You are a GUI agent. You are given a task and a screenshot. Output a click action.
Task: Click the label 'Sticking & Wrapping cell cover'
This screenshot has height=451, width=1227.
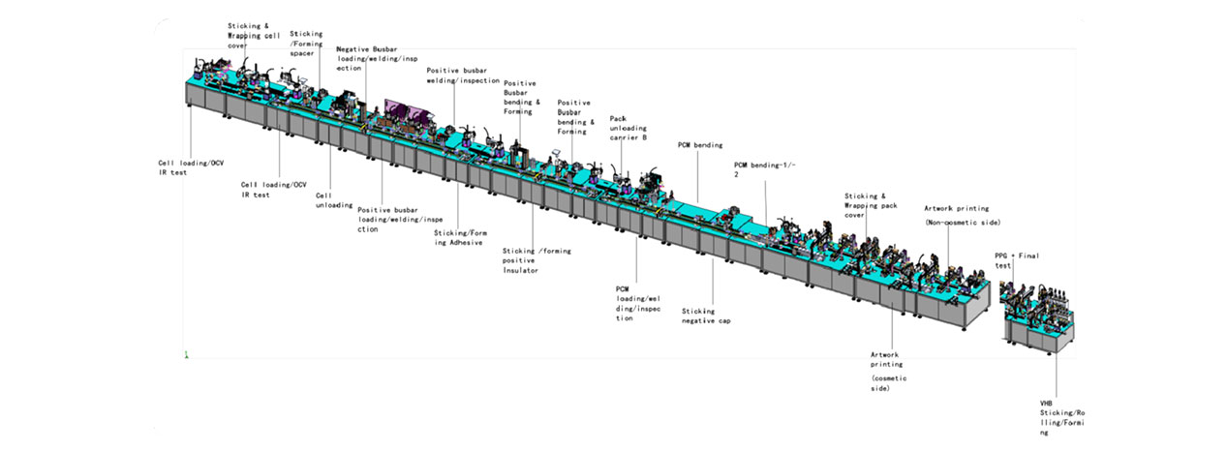tap(254, 36)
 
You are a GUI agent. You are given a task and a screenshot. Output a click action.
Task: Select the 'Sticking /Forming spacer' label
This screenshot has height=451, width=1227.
tap(306, 44)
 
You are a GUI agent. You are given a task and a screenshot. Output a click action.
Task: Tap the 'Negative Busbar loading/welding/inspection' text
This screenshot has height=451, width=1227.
tap(377, 59)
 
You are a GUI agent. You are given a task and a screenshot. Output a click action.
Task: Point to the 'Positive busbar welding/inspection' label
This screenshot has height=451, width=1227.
tap(463, 75)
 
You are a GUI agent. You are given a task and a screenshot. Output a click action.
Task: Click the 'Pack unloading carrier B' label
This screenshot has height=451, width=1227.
tap(629, 128)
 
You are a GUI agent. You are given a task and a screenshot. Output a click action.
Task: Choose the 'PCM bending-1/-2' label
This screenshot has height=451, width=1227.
tap(765, 169)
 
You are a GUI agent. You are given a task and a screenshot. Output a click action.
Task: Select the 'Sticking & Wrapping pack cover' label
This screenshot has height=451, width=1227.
tap(871, 205)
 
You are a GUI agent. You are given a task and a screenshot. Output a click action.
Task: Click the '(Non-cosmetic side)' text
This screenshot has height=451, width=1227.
tap(963, 223)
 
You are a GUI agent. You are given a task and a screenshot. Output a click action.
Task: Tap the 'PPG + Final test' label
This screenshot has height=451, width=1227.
tap(1017, 260)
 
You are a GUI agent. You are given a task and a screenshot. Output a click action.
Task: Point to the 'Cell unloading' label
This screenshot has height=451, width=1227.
tap(334, 200)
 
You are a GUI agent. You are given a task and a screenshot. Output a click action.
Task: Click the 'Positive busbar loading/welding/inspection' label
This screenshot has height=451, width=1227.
tap(400, 220)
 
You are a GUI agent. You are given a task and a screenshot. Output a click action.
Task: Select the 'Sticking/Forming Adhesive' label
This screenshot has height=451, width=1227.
tap(460, 237)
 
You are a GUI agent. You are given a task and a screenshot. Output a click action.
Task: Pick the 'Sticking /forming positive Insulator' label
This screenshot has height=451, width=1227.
tap(537, 260)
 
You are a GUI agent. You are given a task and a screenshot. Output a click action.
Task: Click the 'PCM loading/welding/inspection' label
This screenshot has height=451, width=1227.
tap(638, 304)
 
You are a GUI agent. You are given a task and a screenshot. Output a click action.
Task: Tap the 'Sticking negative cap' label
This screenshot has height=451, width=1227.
tap(706, 316)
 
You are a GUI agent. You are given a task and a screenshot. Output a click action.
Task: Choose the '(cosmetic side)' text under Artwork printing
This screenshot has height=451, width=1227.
tap(888, 383)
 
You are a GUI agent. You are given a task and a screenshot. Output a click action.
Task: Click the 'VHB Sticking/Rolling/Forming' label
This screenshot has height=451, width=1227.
tap(1062, 418)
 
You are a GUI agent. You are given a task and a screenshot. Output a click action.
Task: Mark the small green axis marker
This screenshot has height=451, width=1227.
tap(186, 354)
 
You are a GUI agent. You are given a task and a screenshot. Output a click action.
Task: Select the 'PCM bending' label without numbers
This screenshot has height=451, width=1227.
tap(700, 145)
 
